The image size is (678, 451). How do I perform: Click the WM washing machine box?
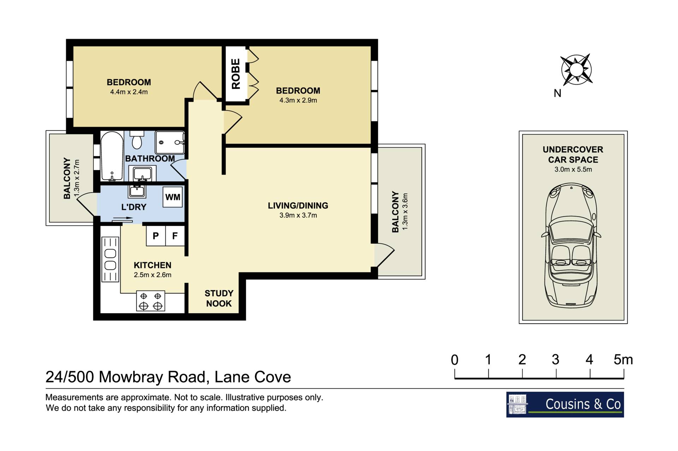click(173, 197)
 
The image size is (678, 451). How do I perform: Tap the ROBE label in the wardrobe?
click(236, 74)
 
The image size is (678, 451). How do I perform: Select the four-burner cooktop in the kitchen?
click(151, 301)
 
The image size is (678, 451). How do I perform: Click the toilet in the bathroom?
click(137, 140)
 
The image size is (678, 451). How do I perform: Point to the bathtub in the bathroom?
click(112, 156)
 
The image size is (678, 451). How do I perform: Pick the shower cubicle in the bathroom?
click(170, 142)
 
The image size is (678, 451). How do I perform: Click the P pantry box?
click(156, 236)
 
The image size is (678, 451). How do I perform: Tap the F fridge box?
click(175, 236)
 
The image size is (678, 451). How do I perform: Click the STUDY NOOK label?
click(219, 298)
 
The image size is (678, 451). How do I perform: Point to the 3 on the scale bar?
click(555, 360)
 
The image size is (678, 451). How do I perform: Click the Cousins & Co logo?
click(565, 404)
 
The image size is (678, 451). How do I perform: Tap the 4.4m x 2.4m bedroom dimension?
click(129, 92)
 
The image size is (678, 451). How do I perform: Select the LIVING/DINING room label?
click(298, 206)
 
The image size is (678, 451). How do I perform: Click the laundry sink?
click(137, 191)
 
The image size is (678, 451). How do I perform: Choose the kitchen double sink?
click(111, 259)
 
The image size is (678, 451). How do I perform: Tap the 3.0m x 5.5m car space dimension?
click(573, 169)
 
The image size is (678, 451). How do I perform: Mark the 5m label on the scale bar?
click(623, 360)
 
